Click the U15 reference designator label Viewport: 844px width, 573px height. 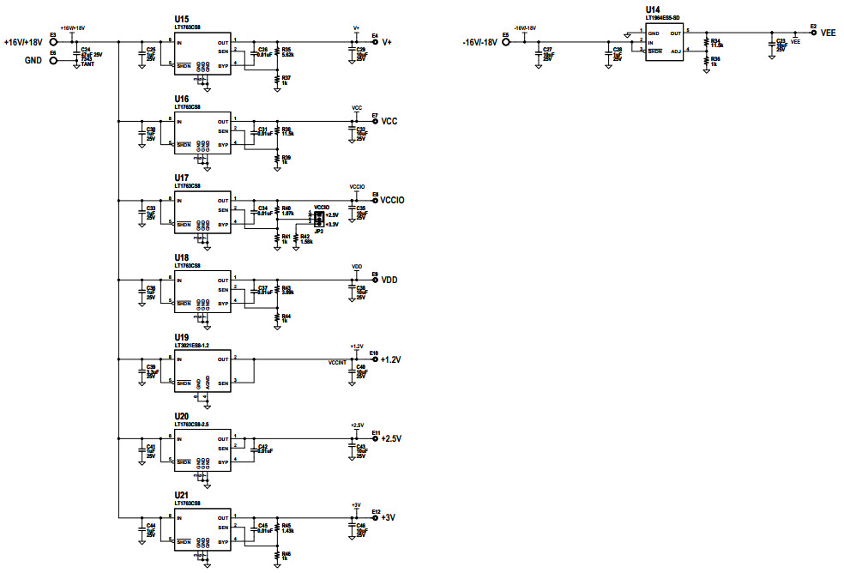pyautogui.click(x=182, y=19)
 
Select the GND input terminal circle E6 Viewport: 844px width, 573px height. pyautogui.click(x=53, y=60)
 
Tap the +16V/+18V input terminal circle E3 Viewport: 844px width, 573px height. pyautogui.click(x=53, y=41)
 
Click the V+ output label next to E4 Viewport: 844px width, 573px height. pyautogui.click(x=387, y=42)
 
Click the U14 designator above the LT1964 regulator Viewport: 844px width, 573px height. pyautogui.click(x=653, y=10)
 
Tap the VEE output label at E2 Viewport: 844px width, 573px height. pyautogui.click(x=828, y=33)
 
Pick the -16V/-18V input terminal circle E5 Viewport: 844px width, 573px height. pyautogui.click(x=506, y=41)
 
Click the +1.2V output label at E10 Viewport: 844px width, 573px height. pyautogui.click(x=391, y=359)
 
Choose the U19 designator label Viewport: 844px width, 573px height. pyautogui.click(x=182, y=337)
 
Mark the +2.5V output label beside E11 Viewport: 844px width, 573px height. pyautogui.click(x=391, y=438)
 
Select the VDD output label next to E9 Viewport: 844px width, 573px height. pyautogui.click(x=389, y=280)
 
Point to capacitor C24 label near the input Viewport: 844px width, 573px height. pyautogui.click(x=85, y=50)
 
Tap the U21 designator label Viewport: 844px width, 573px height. pyautogui.click(x=182, y=496)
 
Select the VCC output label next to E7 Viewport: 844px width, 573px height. pyautogui.click(x=389, y=121)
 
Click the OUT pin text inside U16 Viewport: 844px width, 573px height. pyautogui.click(x=223, y=122)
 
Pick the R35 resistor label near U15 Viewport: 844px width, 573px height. pyautogui.click(x=286, y=50)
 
